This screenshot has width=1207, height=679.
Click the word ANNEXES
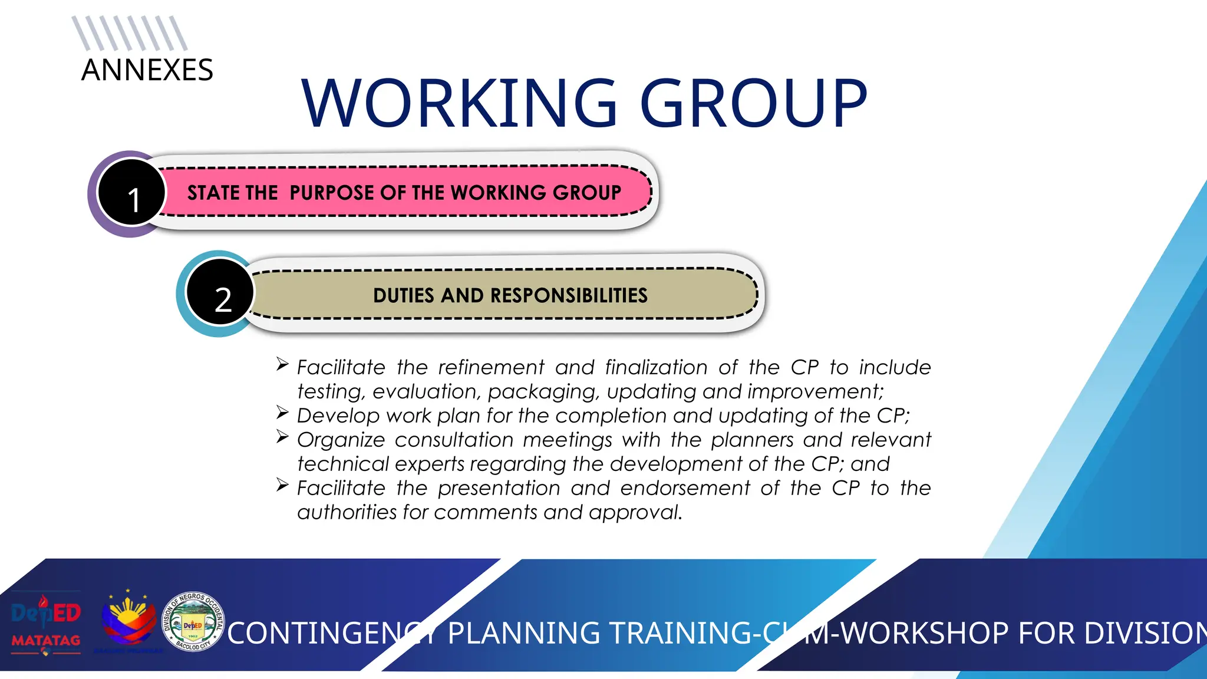point(147,70)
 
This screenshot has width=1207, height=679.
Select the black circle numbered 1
point(132,193)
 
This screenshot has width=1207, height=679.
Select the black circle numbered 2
point(220,292)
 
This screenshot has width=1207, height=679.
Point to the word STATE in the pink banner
point(210,193)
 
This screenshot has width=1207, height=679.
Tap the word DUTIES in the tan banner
point(404,295)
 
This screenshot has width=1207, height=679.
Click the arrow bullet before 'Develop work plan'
point(282,413)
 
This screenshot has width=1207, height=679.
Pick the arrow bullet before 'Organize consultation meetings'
point(282,437)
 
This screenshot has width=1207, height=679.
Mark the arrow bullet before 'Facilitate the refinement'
point(282,364)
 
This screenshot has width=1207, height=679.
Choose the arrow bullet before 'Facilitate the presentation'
point(282,485)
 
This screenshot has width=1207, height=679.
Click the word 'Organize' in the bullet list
point(341,440)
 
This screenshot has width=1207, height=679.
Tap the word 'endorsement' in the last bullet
point(685,489)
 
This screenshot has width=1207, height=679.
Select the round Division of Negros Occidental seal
point(193,622)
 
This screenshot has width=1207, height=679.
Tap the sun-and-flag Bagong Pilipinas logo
point(128,620)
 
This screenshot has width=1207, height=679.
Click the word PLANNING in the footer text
point(523,634)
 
